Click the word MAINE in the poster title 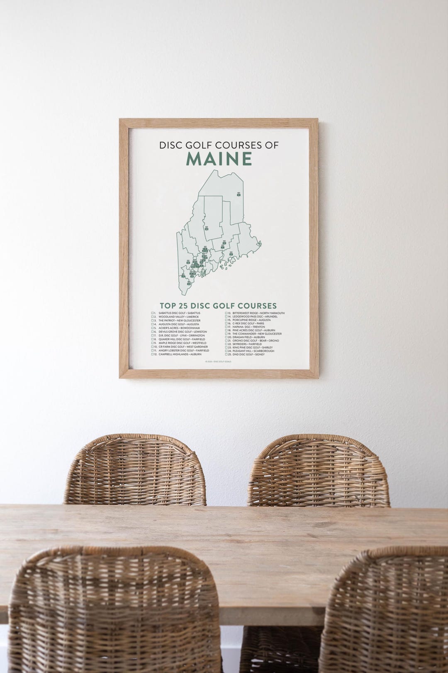[219, 159]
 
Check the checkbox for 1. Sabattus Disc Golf [153, 313]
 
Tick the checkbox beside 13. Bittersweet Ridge [226, 313]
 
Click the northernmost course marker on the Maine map [239, 194]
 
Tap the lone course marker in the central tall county [207, 228]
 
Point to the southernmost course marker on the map [189, 283]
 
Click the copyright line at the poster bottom [218, 361]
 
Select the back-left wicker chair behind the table [135, 469]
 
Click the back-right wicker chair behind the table [319, 469]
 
